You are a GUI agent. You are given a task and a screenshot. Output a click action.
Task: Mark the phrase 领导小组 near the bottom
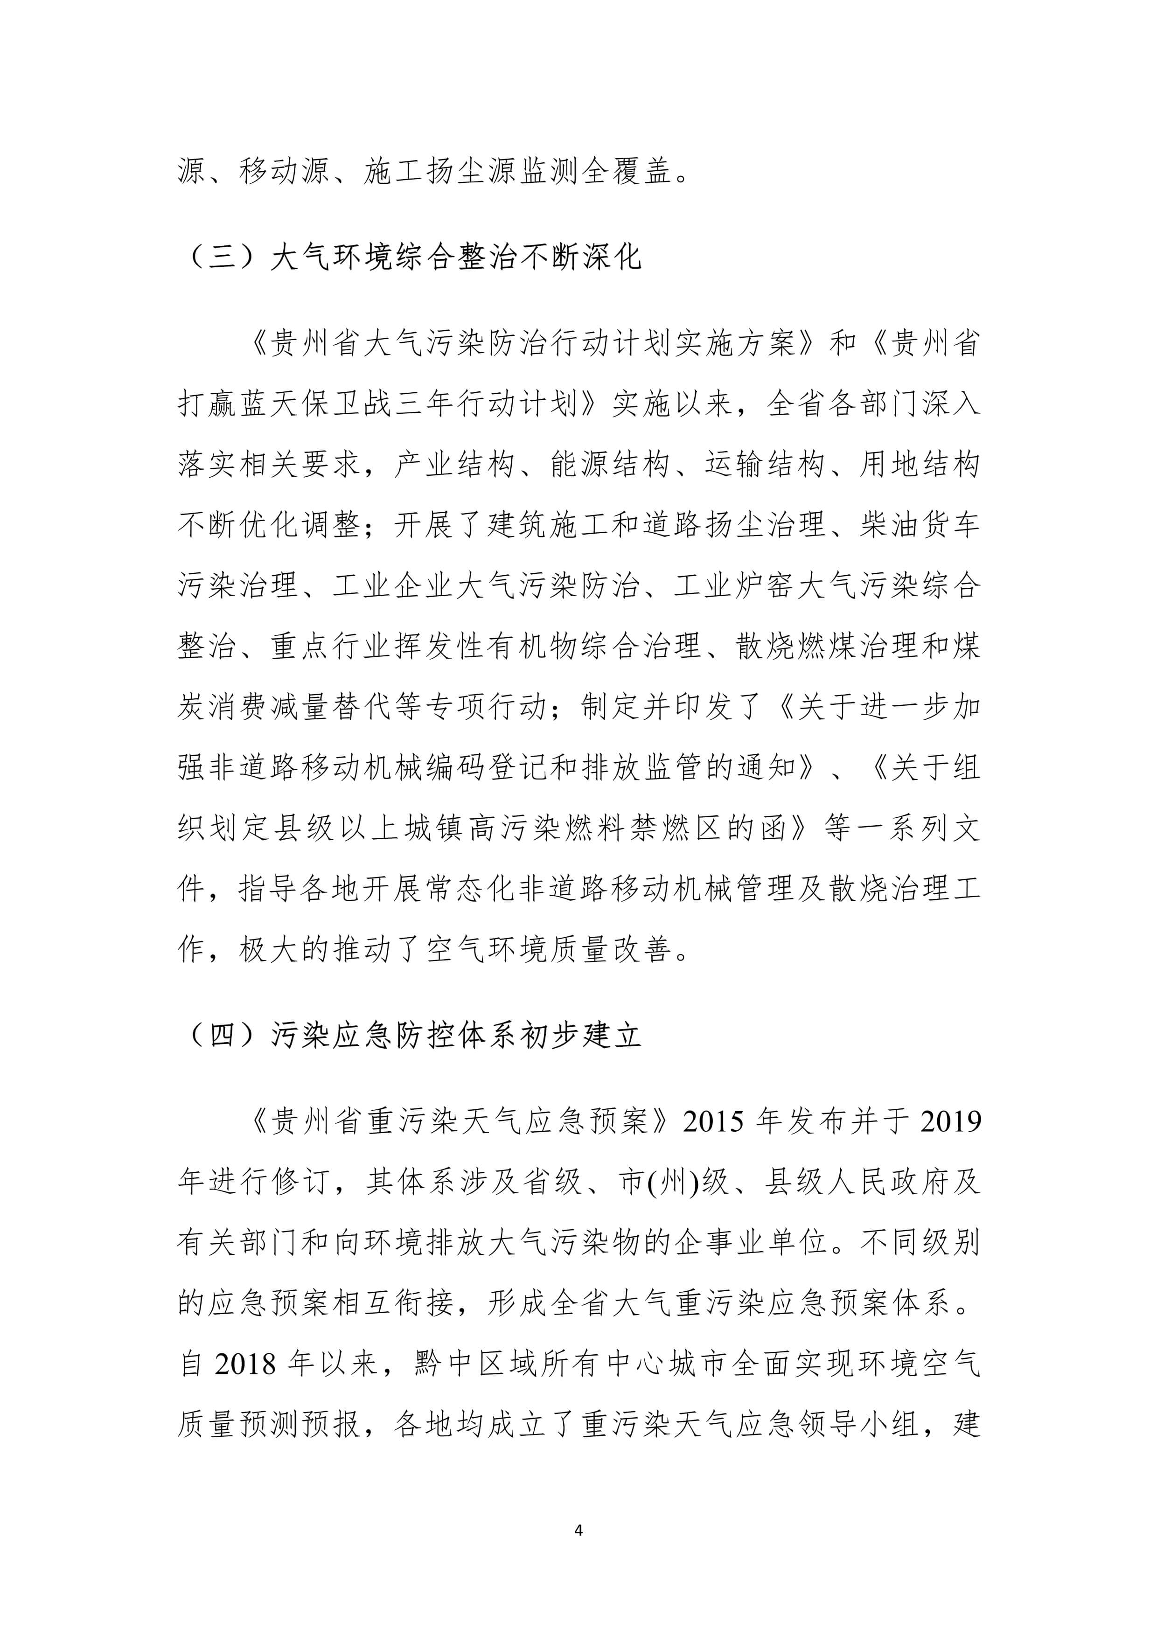[858, 1424]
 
